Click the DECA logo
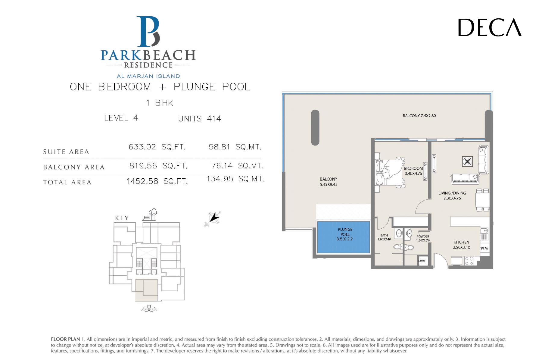coord(490,27)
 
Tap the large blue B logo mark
coord(148,32)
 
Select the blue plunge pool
coord(343,237)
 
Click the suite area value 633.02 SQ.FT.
coord(157,147)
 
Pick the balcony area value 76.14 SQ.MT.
coord(237,166)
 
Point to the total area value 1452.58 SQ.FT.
coord(157,181)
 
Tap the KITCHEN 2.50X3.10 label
coord(461,245)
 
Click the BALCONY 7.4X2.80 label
coord(419,116)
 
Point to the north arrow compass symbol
coord(213,218)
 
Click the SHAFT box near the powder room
coord(422,261)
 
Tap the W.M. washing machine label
coord(484,248)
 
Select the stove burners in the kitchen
coord(469,261)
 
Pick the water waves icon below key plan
coord(149,308)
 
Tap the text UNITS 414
coord(200,119)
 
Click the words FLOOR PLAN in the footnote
coord(65,339)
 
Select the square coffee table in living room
coord(467,162)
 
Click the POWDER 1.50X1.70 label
coord(423,239)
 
